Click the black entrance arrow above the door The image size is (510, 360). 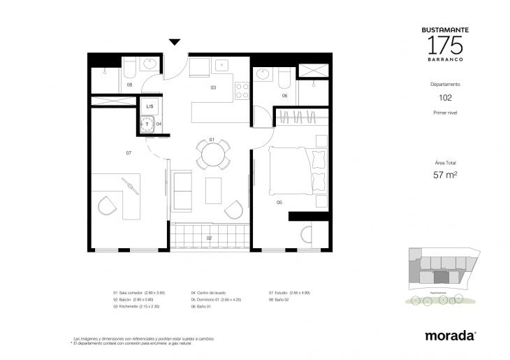tap(175, 43)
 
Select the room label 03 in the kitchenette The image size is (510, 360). tap(212, 88)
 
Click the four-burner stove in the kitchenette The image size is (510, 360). tap(242, 91)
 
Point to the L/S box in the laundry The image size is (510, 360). tap(150, 107)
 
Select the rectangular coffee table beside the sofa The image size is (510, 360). tap(214, 190)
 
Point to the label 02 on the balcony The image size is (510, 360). tap(209, 238)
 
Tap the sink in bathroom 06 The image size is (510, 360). tap(263, 73)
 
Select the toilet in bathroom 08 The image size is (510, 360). tap(129, 69)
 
